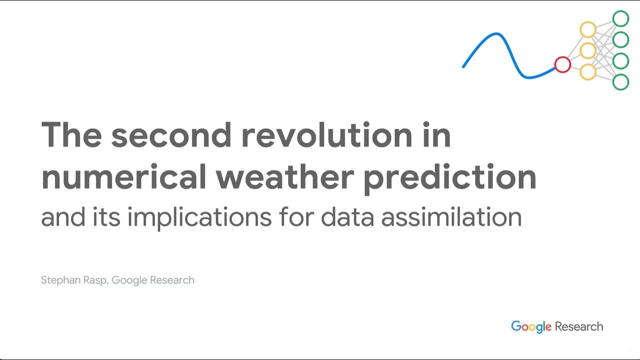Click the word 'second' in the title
[x=171, y=134]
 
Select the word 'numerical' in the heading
[x=123, y=176]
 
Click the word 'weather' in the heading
[x=285, y=176]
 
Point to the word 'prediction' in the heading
[x=450, y=179]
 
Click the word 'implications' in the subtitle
[x=199, y=218]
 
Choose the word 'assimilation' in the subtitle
[x=451, y=216]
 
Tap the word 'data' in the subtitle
[x=347, y=216]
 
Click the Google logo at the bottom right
[x=531, y=327]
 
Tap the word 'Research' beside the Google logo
[x=579, y=326]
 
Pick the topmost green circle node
[x=620, y=11]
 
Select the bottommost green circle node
[x=620, y=75]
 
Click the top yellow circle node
[x=588, y=22]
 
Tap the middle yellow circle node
[x=588, y=43]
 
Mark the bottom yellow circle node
[x=588, y=65]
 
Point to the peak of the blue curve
[x=496, y=34]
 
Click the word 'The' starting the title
[x=71, y=134]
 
